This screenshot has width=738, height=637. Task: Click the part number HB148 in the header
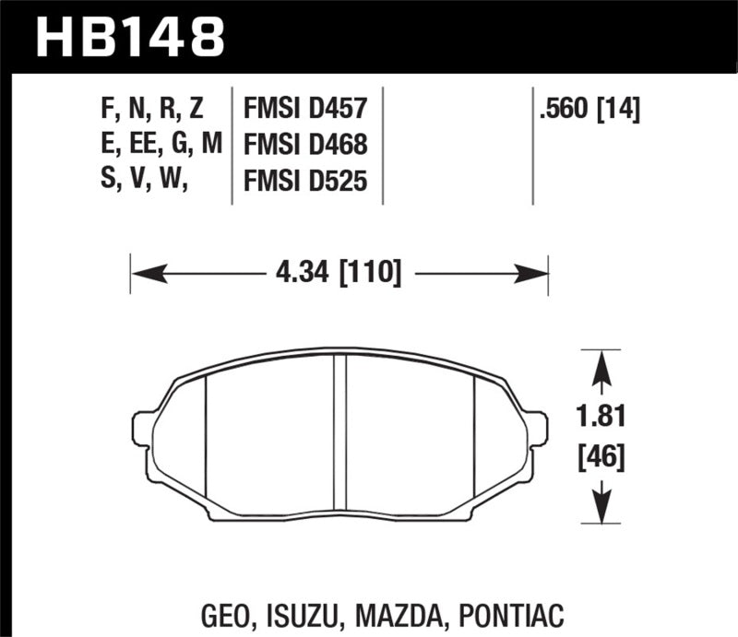point(129,38)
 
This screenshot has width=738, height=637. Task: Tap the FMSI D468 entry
point(305,146)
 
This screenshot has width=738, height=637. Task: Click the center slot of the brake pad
point(339,433)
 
